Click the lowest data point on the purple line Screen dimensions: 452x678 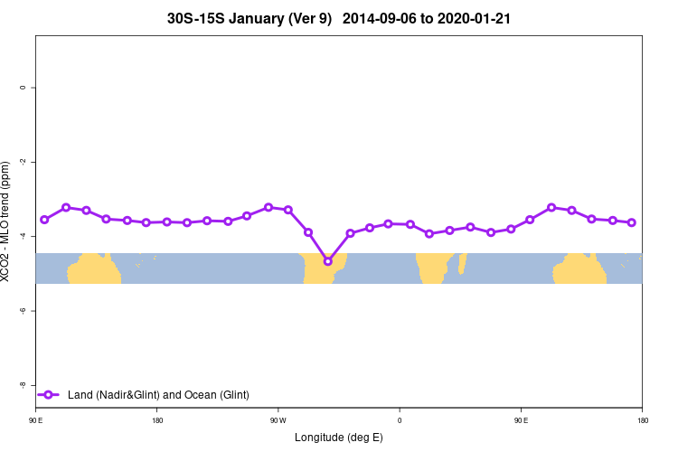coord(328,261)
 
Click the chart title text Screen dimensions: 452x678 coord(339,18)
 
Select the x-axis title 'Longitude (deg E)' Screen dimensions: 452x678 coord(339,438)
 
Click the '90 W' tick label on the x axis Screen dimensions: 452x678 coord(278,419)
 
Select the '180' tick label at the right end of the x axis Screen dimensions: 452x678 coord(642,419)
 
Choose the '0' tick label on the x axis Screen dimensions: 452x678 coord(400,419)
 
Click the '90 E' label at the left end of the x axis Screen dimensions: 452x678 coord(36,419)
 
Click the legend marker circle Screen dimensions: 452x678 coord(50,394)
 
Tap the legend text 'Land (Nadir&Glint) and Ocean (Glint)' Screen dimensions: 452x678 coord(158,394)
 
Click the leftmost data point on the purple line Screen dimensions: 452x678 coord(44,220)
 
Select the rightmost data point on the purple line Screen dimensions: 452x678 coord(632,222)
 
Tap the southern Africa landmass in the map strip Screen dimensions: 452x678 coord(432,268)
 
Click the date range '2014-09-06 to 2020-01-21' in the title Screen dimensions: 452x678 coord(427,18)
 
